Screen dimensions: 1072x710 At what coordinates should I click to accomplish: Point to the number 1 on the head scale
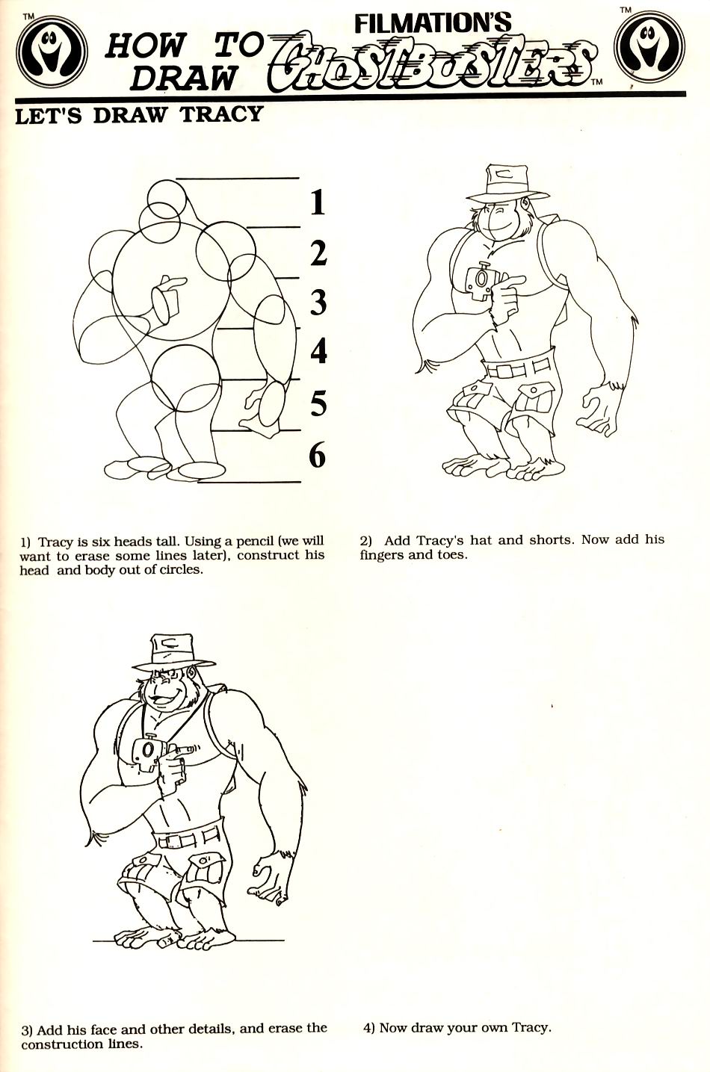coord(318,202)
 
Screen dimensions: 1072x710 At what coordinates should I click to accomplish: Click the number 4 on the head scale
coord(318,351)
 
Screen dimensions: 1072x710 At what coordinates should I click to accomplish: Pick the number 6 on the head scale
coord(318,454)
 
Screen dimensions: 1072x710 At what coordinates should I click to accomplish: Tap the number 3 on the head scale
coord(318,303)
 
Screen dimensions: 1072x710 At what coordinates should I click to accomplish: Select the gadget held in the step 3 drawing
coord(146,752)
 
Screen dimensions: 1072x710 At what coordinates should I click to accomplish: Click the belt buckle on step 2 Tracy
coord(506,371)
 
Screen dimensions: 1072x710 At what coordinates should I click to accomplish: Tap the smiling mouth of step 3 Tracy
coord(163,701)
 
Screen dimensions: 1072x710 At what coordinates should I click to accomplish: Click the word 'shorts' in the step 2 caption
coord(551,539)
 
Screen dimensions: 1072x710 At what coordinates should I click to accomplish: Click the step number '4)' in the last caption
coord(369,1027)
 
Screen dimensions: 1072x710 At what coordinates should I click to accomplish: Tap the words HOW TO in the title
coord(184,46)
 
